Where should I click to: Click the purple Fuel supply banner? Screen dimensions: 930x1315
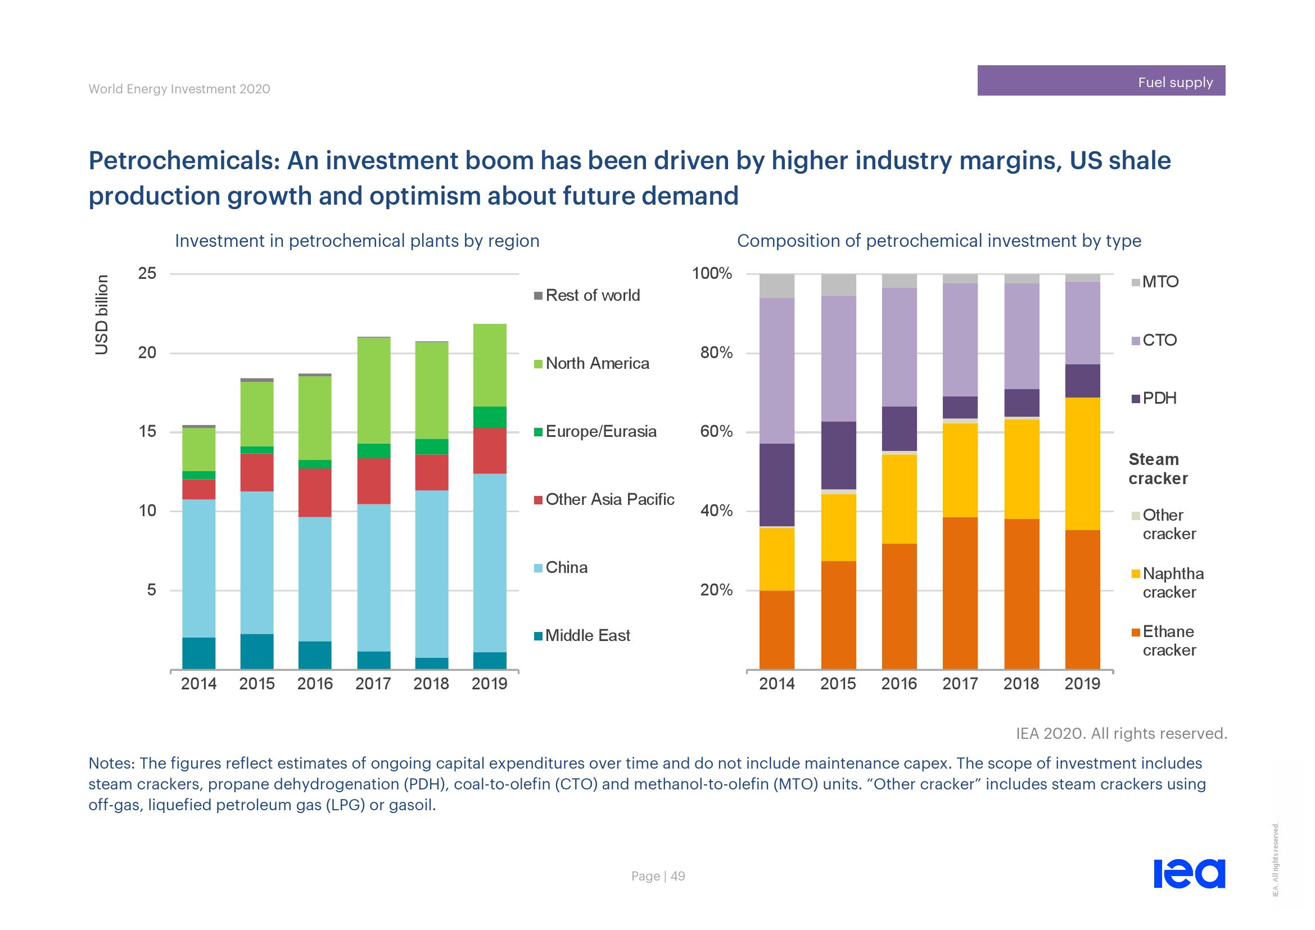coord(1101,81)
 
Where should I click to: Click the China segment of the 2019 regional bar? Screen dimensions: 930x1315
coord(489,562)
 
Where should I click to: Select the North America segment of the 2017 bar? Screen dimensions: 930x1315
coord(373,391)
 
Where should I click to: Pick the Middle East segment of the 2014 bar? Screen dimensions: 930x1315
coord(198,653)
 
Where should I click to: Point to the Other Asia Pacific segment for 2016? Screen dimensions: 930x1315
coord(314,493)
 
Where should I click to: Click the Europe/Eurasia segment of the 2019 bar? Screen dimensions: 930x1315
coord(489,417)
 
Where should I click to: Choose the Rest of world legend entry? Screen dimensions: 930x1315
coord(592,296)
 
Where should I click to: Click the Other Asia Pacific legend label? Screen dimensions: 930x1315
coord(609,499)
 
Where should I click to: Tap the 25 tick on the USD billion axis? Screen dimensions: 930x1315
coord(147,274)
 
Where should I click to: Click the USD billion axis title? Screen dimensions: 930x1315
coord(101,315)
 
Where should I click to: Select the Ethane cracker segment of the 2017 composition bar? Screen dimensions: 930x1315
coord(960,593)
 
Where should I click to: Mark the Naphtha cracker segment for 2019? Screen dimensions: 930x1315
coord(1082,464)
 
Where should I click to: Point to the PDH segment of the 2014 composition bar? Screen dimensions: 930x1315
coord(776,485)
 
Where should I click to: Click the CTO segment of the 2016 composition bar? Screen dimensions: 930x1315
coord(899,347)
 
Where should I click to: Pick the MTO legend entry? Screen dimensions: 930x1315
coord(1159,282)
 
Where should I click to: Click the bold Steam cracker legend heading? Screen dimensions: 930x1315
coord(1157,469)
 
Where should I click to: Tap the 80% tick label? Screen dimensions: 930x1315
coord(716,353)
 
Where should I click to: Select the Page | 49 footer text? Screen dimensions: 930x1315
coord(658,876)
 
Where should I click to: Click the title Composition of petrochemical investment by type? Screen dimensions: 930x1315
coord(939,241)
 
